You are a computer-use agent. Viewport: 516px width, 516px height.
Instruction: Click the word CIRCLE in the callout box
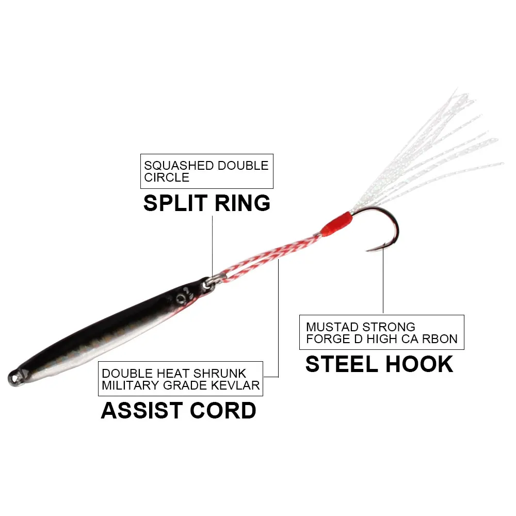167,178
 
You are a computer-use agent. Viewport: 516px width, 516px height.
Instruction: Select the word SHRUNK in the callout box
219,373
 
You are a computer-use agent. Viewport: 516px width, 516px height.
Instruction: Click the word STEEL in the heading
342,364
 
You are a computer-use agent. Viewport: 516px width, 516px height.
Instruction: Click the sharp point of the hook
367,250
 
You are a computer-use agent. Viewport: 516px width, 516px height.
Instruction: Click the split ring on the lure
210,282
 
